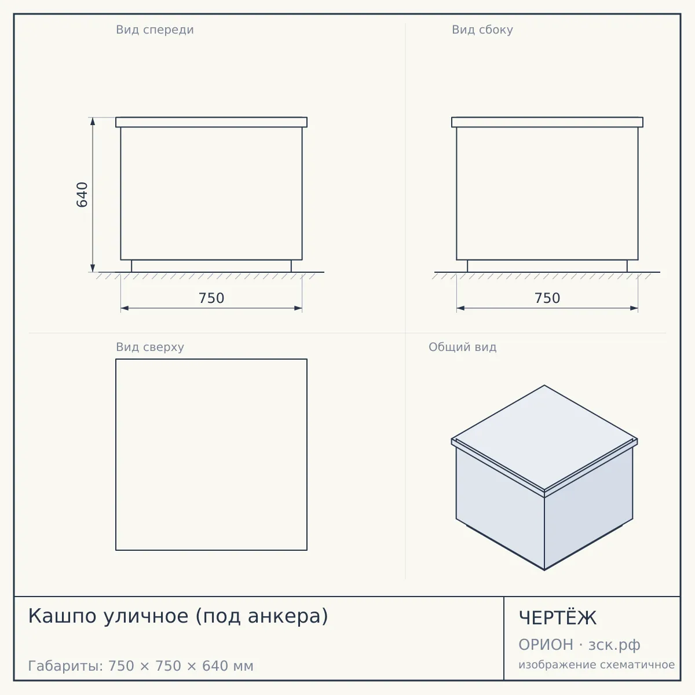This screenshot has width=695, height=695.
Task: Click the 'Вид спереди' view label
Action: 155,30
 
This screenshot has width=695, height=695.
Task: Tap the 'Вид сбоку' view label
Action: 482,30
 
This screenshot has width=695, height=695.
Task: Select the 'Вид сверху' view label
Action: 150,347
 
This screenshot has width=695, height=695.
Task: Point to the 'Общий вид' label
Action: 462,347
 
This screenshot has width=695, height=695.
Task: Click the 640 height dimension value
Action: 82,195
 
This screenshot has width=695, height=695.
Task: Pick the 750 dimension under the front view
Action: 211,298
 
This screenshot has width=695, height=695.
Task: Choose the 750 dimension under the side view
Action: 547,298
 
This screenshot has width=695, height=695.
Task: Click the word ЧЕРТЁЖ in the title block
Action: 557,618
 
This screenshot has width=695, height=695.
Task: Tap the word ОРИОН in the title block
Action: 546,645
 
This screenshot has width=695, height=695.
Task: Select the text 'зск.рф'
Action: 614,645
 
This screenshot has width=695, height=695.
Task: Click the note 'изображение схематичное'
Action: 597,664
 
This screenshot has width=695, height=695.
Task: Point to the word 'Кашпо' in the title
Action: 61,616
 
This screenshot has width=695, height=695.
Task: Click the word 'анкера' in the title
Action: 283,616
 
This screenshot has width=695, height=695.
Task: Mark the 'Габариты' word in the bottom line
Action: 65,666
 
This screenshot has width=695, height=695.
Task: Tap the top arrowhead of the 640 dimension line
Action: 93,121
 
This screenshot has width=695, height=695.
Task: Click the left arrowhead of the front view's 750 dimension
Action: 125,308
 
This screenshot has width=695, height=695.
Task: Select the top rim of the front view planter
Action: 211,122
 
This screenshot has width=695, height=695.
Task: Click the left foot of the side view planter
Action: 467,266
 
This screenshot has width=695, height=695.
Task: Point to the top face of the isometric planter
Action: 544,437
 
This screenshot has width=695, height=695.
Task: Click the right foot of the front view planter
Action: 291,266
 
